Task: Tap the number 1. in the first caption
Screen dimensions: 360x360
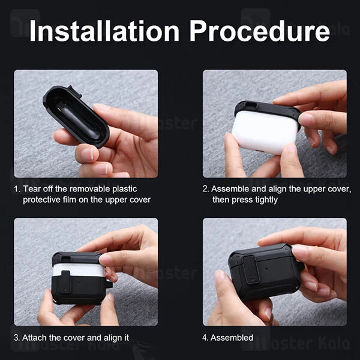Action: click(17, 188)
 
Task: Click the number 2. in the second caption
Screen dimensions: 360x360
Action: click(206, 188)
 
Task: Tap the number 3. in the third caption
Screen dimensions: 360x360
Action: click(17, 338)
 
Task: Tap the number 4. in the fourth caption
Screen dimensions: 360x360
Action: click(205, 338)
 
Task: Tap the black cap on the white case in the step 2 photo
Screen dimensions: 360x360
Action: click(264, 110)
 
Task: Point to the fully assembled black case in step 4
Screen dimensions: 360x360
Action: click(264, 270)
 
